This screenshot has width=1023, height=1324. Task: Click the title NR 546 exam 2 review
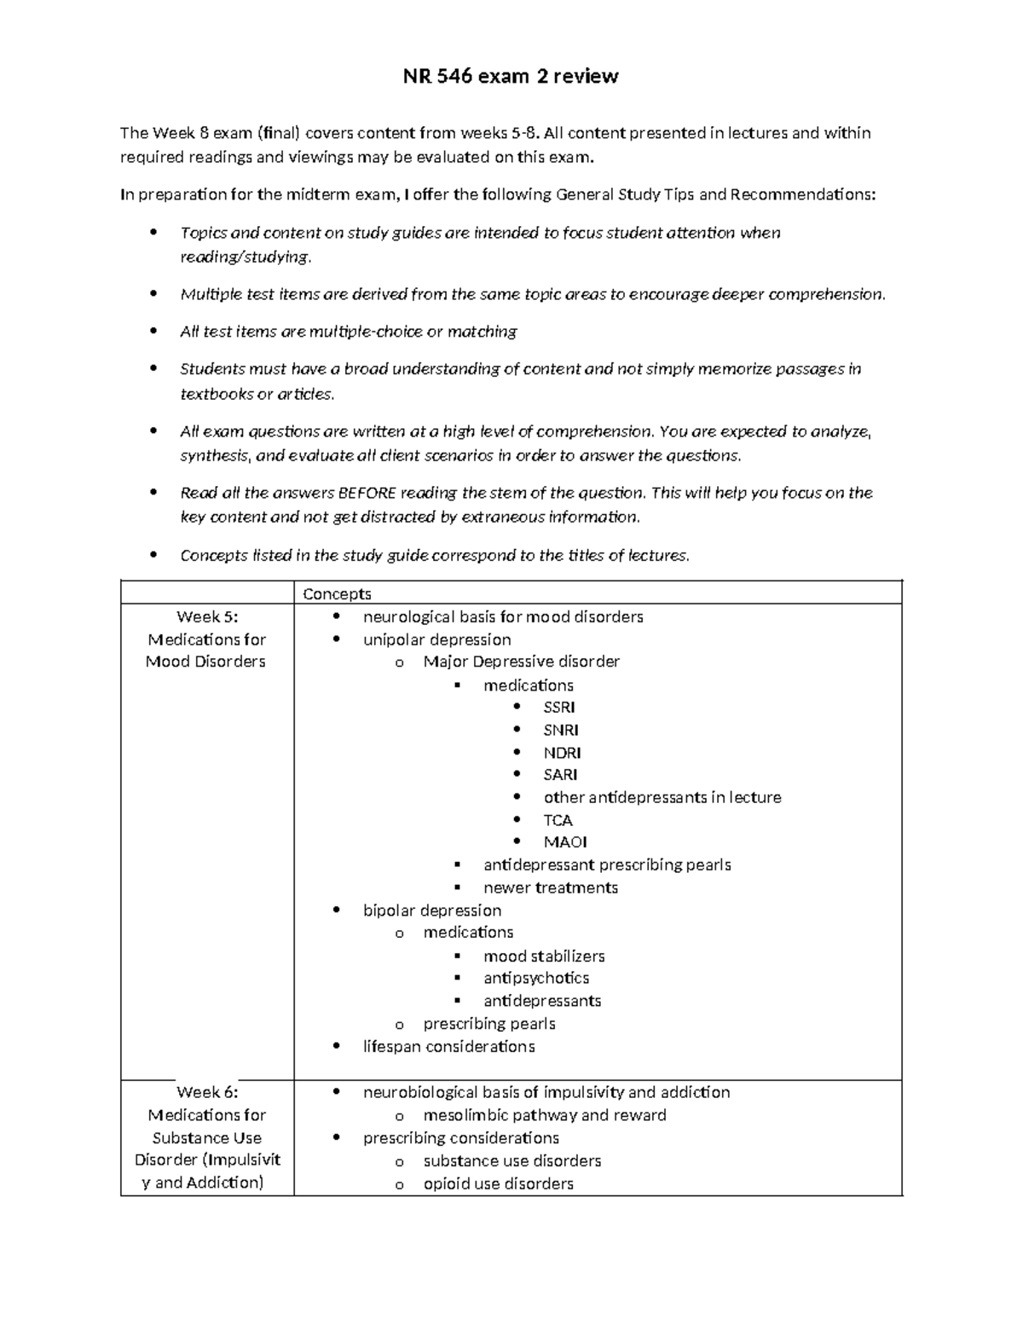(x=511, y=77)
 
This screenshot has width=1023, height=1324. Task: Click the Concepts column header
(x=337, y=594)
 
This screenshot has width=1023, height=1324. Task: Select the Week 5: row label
(x=207, y=616)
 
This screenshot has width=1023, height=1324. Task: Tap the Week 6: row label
(x=207, y=1092)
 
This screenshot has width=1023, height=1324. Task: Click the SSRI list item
(x=559, y=708)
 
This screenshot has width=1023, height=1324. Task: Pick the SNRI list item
(x=561, y=731)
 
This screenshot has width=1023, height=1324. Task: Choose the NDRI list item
(x=562, y=753)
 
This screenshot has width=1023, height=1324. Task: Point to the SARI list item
(x=560, y=775)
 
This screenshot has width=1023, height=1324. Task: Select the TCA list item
(x=558, y=820)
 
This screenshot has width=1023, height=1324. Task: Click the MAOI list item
(x=565, y=842)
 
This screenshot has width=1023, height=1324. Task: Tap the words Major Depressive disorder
(x=521, y=662)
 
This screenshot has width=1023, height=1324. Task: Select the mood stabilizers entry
(x=544, y=956)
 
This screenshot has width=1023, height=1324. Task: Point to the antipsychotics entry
(x=536, y=978)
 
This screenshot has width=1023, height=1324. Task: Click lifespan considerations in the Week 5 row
(x=448, y=1046)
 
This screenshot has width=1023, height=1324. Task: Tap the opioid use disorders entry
(x=498, y=1183)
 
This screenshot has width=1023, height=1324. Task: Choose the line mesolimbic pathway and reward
(x=544, y=1115)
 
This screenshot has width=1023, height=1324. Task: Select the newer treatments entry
(x=550, y=887)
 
